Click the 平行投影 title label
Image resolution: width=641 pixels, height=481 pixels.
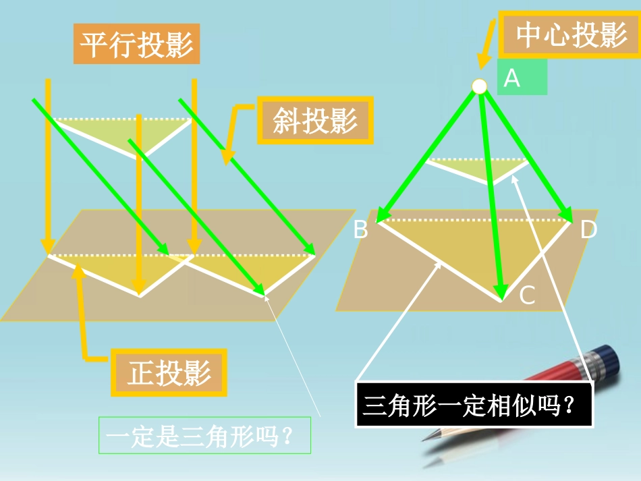(x=136, y=45)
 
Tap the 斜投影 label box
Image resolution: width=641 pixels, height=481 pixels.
(x=315, y=121)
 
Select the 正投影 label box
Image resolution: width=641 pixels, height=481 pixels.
(x=169, y=372)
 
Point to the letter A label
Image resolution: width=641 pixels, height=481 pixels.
(x=512, y=78)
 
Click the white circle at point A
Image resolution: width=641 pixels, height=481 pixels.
(x=479, y=86)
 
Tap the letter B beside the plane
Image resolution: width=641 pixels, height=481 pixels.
(x=361, y=230)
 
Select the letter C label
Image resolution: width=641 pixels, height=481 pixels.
(x=526, y=295)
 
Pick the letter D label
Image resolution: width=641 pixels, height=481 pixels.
(x=588, y=230)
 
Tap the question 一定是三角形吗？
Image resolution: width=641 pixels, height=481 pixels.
(x=204, y=436)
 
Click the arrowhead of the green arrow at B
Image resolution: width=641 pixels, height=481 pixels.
(x=383, y=215)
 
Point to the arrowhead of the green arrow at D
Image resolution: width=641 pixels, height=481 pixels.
(x=566, y=214)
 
